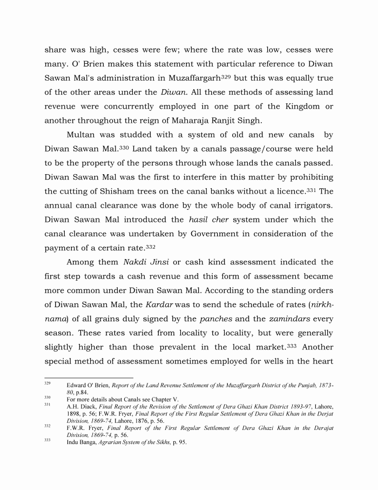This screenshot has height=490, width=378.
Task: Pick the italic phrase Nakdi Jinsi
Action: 144,262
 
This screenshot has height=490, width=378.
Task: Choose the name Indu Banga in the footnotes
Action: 80,442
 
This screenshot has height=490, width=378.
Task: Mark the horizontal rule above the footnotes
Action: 89,378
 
